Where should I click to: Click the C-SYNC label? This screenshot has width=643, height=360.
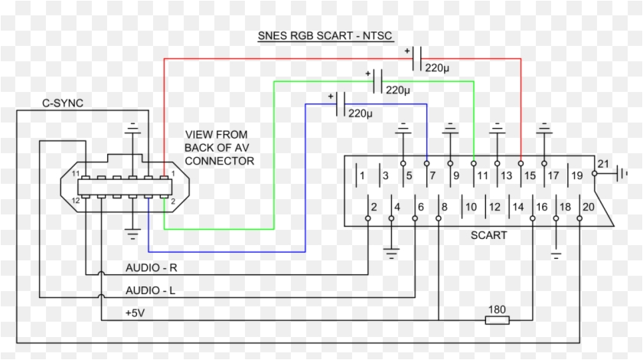[x=63, y=103]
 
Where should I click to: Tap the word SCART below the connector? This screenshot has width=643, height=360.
[x=488, y=235]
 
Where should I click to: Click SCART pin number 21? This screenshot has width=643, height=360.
[x=602, y=164]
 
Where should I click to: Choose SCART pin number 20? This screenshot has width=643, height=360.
[x=588, y=207]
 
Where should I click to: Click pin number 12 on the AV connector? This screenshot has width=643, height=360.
[x=77, y=201]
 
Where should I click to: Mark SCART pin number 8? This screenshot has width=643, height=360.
[x=444, y=207]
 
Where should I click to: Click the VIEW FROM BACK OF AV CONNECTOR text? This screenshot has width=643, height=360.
[x=219, y=148]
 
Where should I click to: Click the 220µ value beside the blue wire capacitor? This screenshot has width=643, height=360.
[x=361, y=113]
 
